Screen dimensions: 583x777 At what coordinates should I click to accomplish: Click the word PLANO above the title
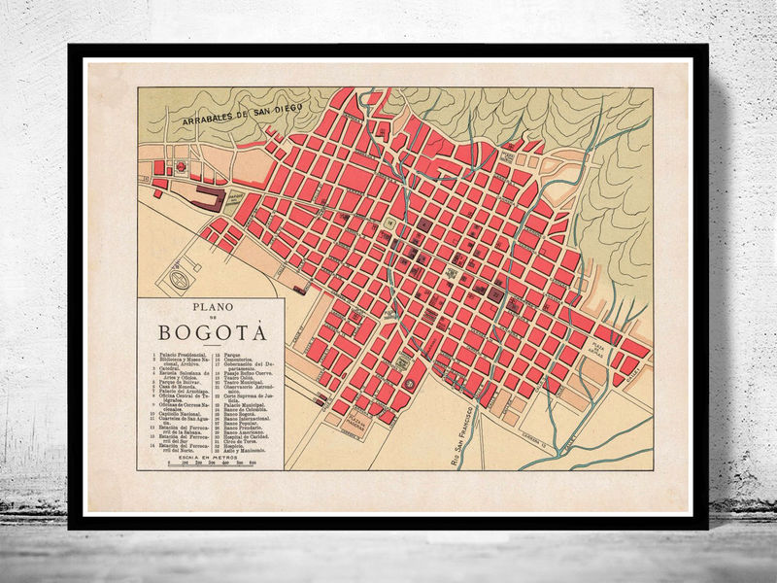pyautogui.click(x=210, y=308)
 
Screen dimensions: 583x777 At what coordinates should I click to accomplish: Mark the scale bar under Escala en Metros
pyautogui.click(x=211, y=464)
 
